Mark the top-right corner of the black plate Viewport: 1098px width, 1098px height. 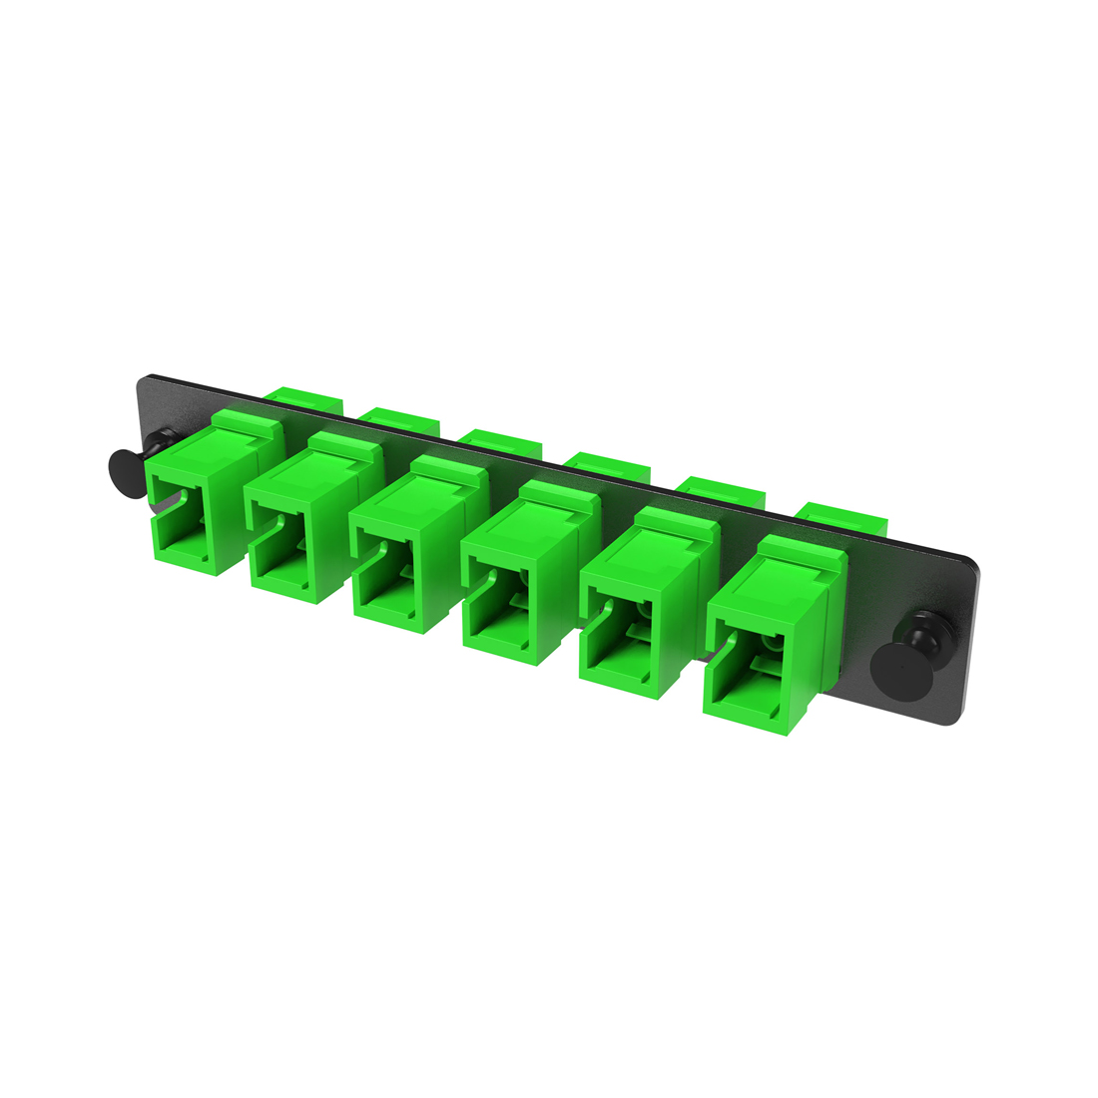[x=976, y=558]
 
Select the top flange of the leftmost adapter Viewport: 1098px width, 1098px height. [x=245, y=421]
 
